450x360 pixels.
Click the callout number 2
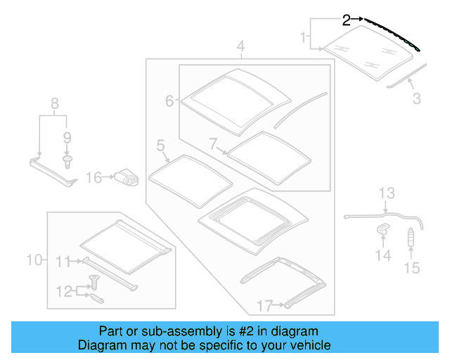pyautogui.click(x=346, y=20)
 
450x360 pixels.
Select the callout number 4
pyautogui.click(x=240, y=48)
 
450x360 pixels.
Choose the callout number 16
pyautogui.click(x=94, y=178)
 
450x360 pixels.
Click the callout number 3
pyautogui.click(x=416, y=98)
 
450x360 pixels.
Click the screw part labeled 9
pyautogui.click(x=67, y=162)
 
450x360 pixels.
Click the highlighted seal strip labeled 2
pyautogui.click(x=394, y=34)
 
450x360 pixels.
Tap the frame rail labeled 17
pyautogui.click(x=281, y=281)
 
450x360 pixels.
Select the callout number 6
pyautogui.click(x=169, y=101)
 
